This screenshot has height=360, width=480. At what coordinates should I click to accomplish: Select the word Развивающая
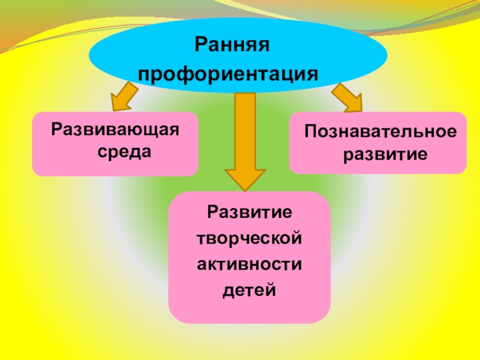click(115, 130)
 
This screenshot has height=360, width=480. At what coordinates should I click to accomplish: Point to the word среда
click(125, 152)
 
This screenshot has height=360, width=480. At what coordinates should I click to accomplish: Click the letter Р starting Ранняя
click(201, 46)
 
